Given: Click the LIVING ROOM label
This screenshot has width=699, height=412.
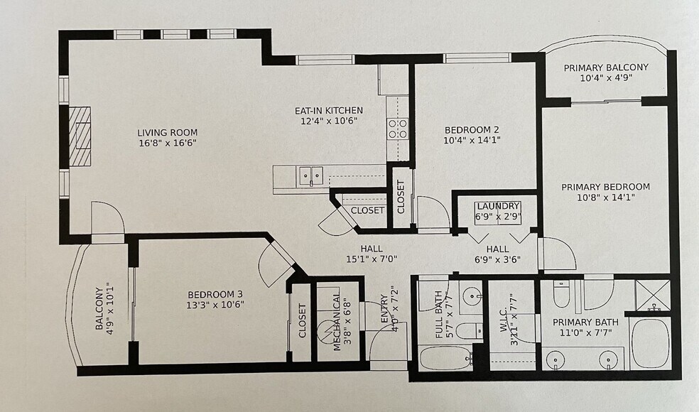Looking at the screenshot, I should (168, 132).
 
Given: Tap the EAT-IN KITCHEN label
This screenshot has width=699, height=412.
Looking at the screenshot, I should (329, 110).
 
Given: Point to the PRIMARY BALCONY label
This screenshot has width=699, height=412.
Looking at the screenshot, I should (606, 67).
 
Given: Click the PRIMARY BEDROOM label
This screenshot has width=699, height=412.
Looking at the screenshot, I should (605, 187).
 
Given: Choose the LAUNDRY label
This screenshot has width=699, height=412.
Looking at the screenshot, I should (499, 206).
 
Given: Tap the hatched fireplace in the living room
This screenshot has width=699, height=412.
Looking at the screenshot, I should (80, 136).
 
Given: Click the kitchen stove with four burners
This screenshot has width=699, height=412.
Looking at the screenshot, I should (398, 128).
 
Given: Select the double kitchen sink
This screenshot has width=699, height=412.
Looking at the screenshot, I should (310, 175).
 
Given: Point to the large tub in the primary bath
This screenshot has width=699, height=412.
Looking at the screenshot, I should (650, 343).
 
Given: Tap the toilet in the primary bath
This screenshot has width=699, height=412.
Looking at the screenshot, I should (562, 293).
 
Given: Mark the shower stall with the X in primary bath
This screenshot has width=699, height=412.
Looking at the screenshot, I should (652, 295).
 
